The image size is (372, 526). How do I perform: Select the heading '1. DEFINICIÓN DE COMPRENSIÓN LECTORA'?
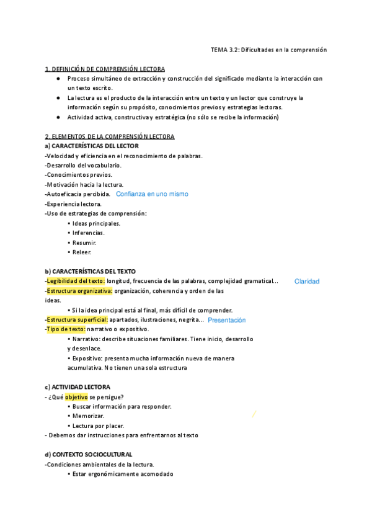105,69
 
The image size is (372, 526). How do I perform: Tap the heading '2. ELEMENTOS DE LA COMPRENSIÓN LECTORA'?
110,136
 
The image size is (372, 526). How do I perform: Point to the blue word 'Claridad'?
307,281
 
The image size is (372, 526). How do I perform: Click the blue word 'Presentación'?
227,320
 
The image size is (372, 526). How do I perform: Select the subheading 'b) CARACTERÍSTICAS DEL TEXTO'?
90,272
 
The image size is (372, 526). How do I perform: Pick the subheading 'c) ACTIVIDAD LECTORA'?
77,387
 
